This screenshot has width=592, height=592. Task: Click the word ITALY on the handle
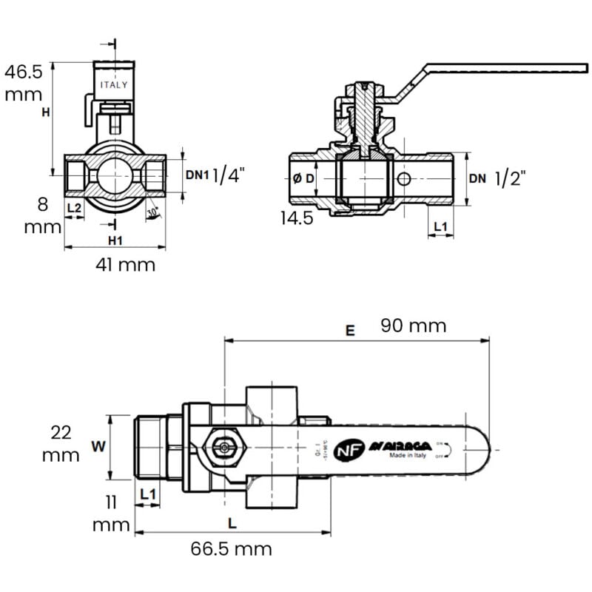click(114, 84)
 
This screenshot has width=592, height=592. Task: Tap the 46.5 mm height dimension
click(24, 83)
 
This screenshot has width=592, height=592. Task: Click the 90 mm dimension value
click(413, 326)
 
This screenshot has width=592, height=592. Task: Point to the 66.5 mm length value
click(231, 548)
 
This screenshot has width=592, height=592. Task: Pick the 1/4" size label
click(228, 175)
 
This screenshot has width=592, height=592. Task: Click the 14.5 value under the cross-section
click(296, 218)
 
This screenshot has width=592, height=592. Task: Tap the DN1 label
click(198, 175)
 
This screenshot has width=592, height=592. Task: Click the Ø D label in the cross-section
click(304, 178)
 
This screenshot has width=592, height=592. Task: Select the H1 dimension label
click(115, 240)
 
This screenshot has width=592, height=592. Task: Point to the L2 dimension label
click(74, 208)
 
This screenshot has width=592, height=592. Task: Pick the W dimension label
click(96, 446)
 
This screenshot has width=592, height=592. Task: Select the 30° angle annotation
click(152, 212)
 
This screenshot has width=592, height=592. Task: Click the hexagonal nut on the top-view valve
click(223, 447)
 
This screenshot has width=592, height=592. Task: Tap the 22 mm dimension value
click(60, 443)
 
